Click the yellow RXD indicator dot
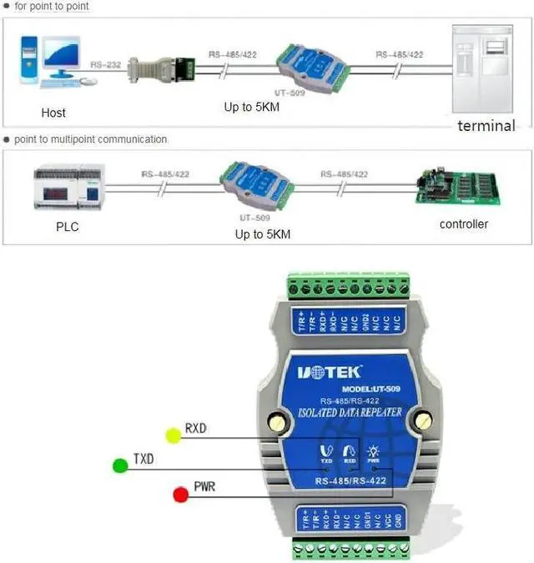173,435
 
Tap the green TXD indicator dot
120,465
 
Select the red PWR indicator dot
180,494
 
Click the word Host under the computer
53,113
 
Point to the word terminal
486,125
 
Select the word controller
463,224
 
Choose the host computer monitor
61,58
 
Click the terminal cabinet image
483,68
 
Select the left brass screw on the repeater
271,423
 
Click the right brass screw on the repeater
414,422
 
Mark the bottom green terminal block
349,547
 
